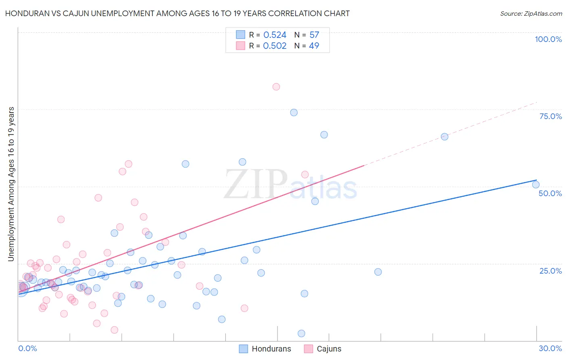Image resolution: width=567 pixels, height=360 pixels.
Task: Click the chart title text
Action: click(x=177, y=13)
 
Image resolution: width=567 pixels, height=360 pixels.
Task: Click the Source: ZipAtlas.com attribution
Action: click(x=531, y=13)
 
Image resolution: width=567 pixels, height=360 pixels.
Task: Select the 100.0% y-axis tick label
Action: click(x=548, y=39)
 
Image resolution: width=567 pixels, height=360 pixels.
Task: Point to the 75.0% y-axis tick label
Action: click(x=550, y=116)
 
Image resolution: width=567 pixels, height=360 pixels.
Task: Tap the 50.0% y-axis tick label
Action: click(x=550, y=193)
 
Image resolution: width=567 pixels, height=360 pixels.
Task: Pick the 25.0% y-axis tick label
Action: click(x=550, y=271)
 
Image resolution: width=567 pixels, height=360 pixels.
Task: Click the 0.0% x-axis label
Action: click(x=27, y=348)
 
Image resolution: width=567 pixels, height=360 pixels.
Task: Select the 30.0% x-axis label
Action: click(x=550, y=348)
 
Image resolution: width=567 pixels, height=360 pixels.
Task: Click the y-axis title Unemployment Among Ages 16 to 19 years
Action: click(x=11, y=184)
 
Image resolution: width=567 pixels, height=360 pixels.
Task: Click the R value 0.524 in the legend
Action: click(x=275, y=35)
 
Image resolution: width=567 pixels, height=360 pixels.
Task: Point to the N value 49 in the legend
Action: click(x=314, y=46)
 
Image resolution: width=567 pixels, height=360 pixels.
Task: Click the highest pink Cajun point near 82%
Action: click(x=276, y=87)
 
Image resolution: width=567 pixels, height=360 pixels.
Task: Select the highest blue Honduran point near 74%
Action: click(x=294, y=113)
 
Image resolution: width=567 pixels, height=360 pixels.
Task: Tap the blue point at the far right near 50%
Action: click(x=536, y=185)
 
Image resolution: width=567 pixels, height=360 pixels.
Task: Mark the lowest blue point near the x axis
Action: click(x=301, y=333)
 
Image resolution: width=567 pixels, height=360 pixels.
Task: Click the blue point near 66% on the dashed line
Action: click(x=444, y=137)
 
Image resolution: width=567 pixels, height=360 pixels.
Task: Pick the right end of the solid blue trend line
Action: click(x=536, y=180)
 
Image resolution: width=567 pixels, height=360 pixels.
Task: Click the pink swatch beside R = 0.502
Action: click(x=241, y=46)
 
